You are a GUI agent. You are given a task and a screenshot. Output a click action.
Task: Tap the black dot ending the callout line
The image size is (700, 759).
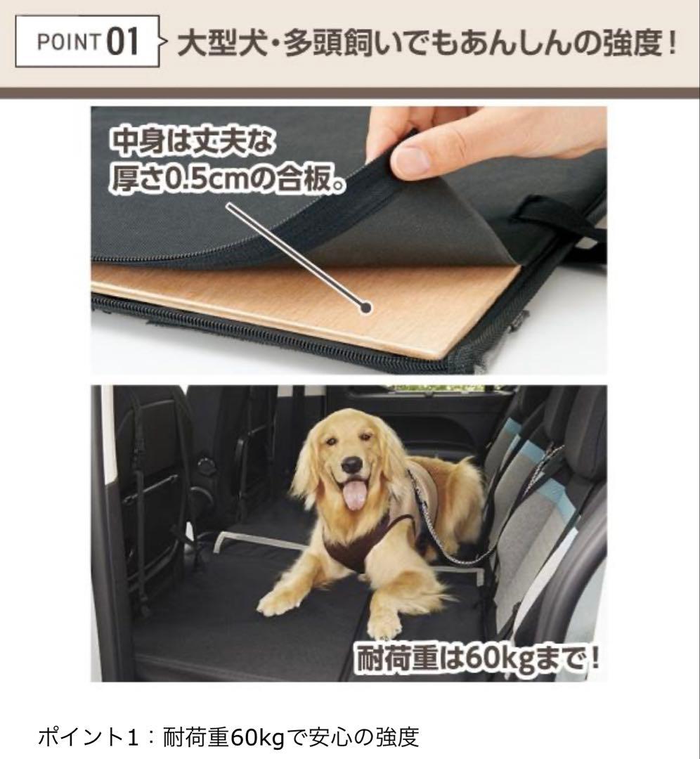coord(365,307)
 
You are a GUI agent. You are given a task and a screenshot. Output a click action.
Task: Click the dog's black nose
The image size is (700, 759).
coord(353,465)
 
